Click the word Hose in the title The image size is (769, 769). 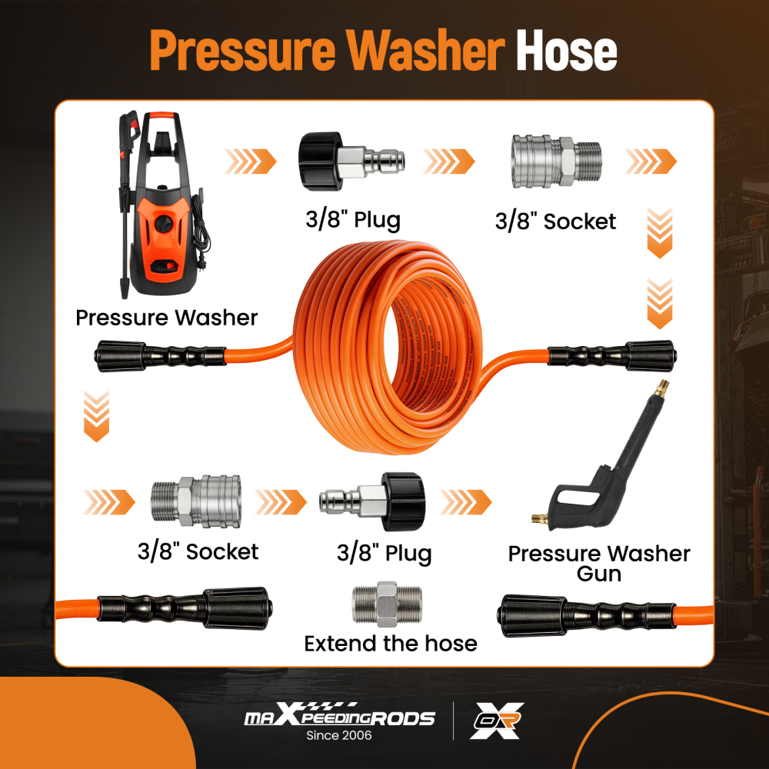point(566,50)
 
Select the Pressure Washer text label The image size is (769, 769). point(166,317)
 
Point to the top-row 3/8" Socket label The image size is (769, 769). point(555,221)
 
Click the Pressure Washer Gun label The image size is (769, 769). point(599,563)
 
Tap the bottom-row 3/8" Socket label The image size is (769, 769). point(198,551)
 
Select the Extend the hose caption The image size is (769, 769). point(391,643)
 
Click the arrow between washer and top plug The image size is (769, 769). point(251,161)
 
